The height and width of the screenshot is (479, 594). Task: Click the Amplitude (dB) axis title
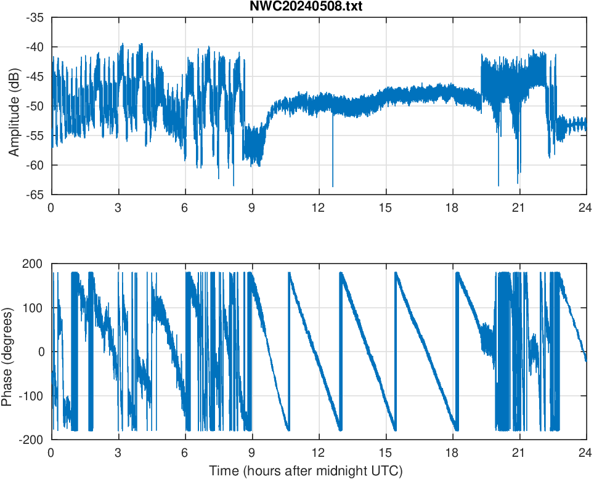coord(14,106)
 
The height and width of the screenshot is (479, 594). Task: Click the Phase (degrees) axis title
coord(7,351)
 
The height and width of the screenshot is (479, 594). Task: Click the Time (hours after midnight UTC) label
coord(306,471)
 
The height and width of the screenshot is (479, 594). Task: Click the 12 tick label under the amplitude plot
coord(319,207)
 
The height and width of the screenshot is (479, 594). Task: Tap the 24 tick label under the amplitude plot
coord(586,207)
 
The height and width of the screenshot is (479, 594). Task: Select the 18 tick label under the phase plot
coord(452,453)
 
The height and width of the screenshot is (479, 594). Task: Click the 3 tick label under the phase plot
coord(118,453)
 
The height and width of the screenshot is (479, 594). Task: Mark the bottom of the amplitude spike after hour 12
coord(333,185)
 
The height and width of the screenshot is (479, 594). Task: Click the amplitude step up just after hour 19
coord(481,74)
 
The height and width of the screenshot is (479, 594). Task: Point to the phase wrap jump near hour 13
coord(340,351)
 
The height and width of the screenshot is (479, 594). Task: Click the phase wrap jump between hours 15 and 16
coord(395,351)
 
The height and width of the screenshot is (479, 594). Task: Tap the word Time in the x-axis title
coord(222,471)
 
